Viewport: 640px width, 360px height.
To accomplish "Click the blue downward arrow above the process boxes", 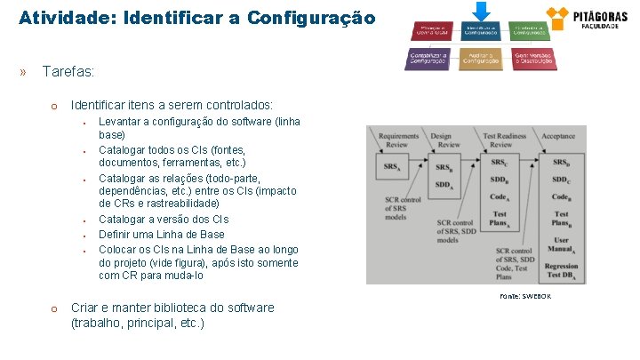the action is pos(481,12).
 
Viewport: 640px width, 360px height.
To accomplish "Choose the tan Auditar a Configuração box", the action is pos(481,58).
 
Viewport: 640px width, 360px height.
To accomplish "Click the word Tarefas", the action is pos(68,71).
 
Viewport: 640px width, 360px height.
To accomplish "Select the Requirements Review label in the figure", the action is pos(398,140).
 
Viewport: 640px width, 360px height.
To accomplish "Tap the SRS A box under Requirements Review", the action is pos(391,167).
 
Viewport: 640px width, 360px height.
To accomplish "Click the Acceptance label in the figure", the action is pos(558,136).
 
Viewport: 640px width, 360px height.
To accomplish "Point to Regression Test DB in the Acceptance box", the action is pos(561,272).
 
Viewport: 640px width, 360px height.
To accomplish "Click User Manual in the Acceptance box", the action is pos(561,244).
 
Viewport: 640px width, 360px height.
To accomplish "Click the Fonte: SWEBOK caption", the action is pos(524,296).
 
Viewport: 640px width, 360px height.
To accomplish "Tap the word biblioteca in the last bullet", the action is pos(178,308).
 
